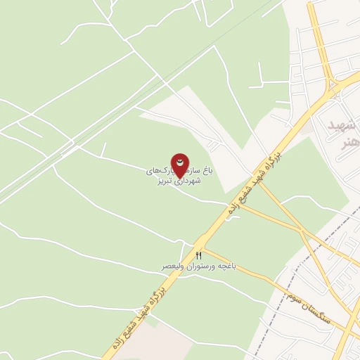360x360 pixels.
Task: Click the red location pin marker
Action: [x=181, y=164]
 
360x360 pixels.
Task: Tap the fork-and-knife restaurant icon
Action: [x=199, y=255]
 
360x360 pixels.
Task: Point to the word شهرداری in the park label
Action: [x=186, y=181]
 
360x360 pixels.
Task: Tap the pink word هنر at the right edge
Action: [x=348, y=143]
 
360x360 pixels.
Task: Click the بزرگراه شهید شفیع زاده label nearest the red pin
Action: [x=252, y=182]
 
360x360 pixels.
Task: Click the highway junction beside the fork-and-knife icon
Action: [x=190, y=247]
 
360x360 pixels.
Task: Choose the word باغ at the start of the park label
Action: [x=207, y=170]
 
